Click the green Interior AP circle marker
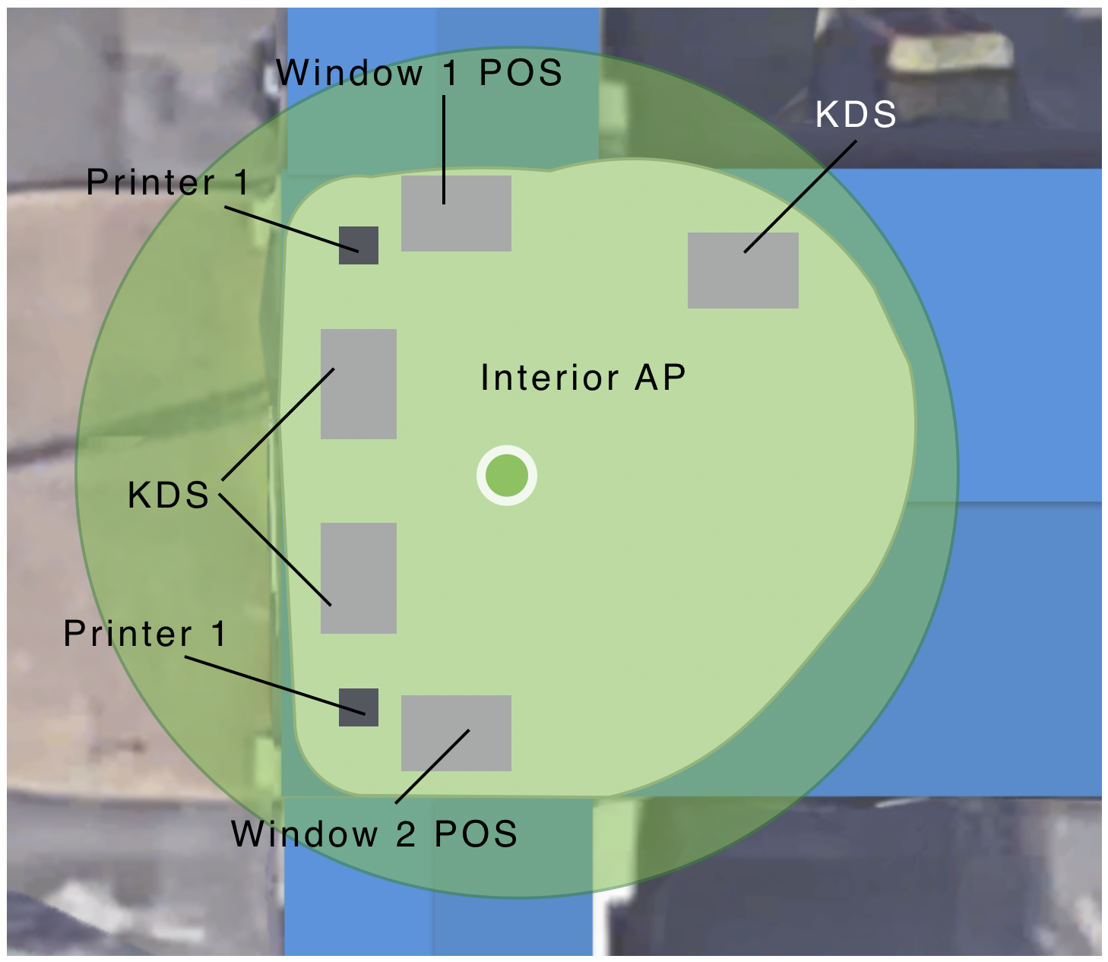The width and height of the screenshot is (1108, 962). [507, 476]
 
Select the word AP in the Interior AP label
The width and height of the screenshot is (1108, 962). [660, 378]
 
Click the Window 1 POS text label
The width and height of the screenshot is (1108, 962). [419, 73]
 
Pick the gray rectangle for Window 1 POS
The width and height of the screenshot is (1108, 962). [456, 214]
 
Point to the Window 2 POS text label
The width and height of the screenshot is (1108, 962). [374, 834]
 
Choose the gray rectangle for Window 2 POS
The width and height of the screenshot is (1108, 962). [456, 733]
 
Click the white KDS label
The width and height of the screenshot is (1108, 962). [856, 115]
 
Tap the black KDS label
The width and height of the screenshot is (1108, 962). [168, 495]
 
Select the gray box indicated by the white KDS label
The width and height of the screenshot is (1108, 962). [742, 271]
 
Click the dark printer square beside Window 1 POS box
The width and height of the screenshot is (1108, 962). [359, 245]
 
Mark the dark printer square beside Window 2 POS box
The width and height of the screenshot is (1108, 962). [359, 707]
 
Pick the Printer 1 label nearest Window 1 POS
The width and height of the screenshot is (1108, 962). [167, 182]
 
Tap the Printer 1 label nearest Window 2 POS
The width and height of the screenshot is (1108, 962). [144, 634]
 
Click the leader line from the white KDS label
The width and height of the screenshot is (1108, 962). [798, 197]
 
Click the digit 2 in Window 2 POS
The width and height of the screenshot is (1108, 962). [405, 834]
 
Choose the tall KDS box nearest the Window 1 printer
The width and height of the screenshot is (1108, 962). [359, 384]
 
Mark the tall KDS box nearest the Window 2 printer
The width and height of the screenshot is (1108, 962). [359, 578]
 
